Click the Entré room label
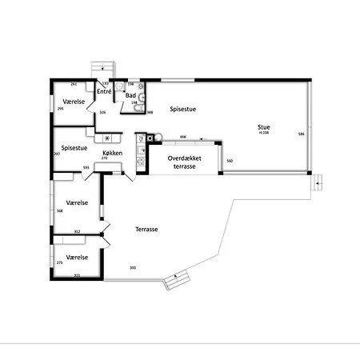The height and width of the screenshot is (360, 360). click(104, 93)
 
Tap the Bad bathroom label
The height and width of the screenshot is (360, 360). click(130, 95)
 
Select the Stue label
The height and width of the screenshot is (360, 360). click(263, 126)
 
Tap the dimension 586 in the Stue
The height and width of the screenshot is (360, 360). click(301, 134)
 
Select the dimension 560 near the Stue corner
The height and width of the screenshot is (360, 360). click(230, 162)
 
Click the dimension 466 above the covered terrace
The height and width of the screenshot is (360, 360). click(182, 137)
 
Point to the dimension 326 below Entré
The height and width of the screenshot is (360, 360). click(102, 112)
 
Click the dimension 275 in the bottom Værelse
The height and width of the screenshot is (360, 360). click(59, 262)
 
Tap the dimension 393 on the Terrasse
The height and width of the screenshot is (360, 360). click(132, 267)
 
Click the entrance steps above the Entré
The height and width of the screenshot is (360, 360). click(101, 69)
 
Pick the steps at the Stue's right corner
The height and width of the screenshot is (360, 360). click(318, 182)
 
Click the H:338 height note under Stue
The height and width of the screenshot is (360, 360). click(263, 132)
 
